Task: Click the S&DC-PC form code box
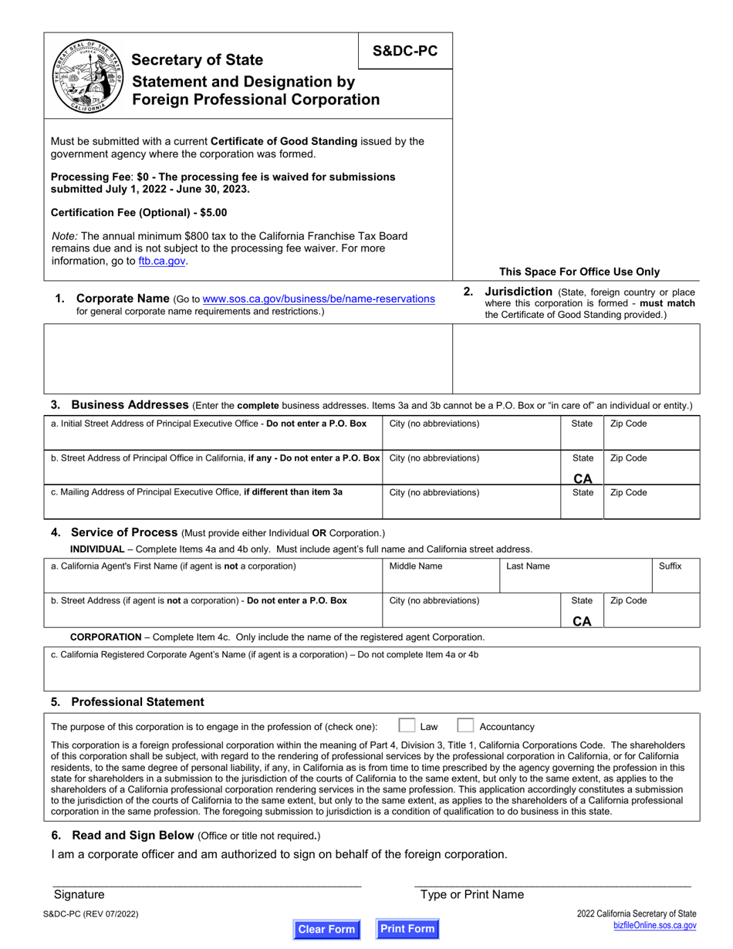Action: pyautogui.click(x=405, y=51)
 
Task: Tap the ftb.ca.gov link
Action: pyautogui.click(x=162, y=262)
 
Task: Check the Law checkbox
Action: pyautogui.click(x=407, y=725)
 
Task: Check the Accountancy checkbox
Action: pyautogui.click(x=465, y=725)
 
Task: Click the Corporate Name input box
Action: pyautogui.click(x=248, y=359)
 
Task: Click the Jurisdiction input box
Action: pyautogui.click(x=576, y=359)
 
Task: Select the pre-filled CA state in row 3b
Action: pyautogui.click(x=583, y=478)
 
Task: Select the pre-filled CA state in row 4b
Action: pyautogui.click(x=583, y=621)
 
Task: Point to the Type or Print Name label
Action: pyautogui.click(x=471, y=894)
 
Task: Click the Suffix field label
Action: pyautogui.click(x=670, y=566)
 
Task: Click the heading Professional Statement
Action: pyautogui.click(x=137, y=701)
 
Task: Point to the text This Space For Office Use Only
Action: pyautogui.click(x=579, y=272)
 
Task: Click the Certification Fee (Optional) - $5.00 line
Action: pyautogui.click(x=139, y=212)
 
